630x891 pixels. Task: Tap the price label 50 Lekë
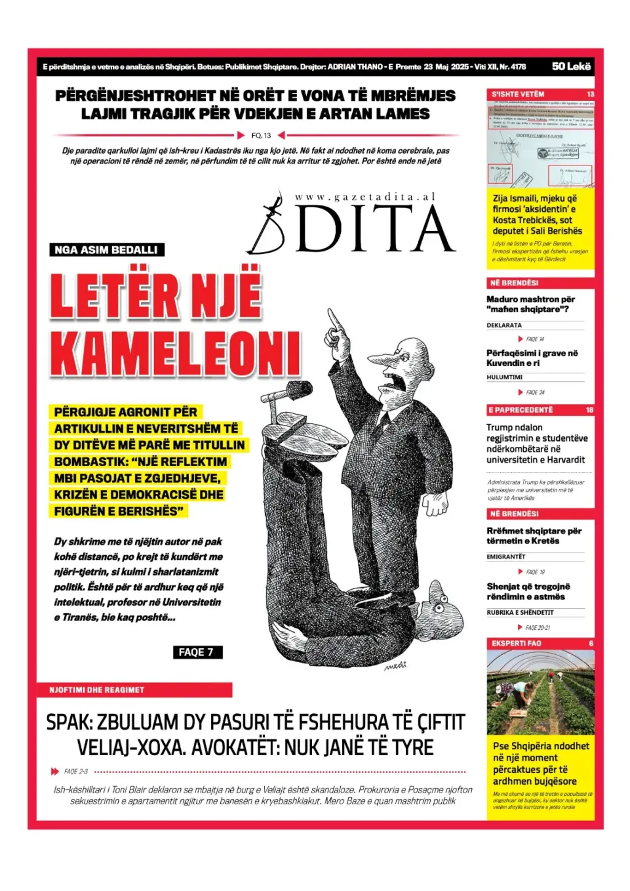(x=571, y=66)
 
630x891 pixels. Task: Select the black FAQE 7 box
(x=196, y=652)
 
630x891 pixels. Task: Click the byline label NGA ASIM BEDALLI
(x=106, y=250)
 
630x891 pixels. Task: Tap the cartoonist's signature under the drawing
(x=395, y=666)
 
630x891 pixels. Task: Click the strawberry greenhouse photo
(x=540, y=692)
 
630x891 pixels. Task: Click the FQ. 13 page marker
(x=261, y=135)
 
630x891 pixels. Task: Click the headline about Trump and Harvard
(x=536, y=443)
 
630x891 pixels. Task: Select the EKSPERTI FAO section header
(x=517, y=643)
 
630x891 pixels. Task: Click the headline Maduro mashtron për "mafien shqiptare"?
(x=530, y=304)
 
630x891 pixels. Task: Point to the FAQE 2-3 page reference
(x=76, y=771)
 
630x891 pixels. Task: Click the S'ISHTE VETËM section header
(x=518, y=94)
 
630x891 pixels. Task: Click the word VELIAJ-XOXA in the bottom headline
(x=129, y=748)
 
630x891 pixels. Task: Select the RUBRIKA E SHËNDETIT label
(x=520, y=612)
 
